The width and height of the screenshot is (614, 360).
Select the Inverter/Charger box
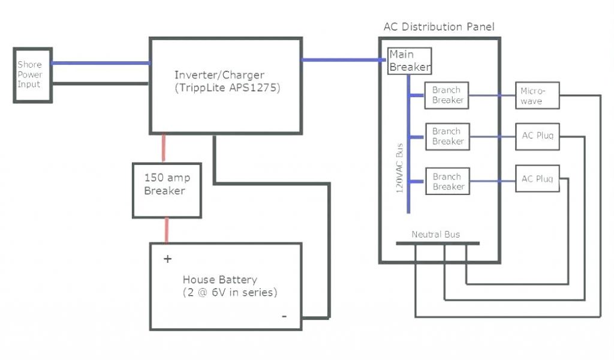tap(225, 84)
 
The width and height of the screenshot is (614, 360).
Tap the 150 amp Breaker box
tap(167, 185)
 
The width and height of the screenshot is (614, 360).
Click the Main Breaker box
tap(410, 61)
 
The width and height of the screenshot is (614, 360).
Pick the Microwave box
tap(537, 96)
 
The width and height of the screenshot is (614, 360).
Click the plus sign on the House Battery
tap(167, 259)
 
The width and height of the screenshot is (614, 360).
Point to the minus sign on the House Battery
tap(284, 316)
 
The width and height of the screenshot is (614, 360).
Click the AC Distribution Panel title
tap(439, 27)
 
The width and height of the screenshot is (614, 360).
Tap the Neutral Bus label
tap(436, 234)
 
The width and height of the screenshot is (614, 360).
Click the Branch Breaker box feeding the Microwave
tap(447, 95)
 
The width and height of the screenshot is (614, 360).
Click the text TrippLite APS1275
tap(228, 88)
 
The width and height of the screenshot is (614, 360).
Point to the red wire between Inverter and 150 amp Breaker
tap(163, 148)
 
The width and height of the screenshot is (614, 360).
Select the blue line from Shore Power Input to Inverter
tap(100, 63)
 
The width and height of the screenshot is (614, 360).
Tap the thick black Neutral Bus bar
tap(438, 243)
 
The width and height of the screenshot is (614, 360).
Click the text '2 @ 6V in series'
tap(230, 293)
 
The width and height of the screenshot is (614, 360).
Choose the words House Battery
tap(219, 280)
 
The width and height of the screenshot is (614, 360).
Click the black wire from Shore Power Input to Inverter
tap(100, 83)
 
